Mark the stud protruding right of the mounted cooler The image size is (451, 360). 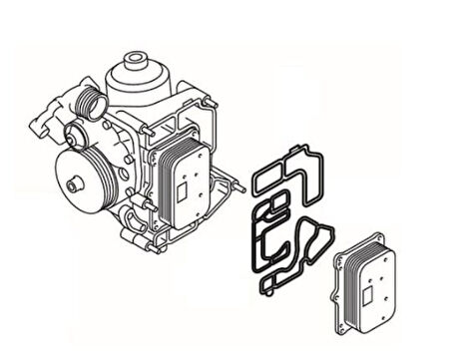pyautogui.click(x=237, y=184)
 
